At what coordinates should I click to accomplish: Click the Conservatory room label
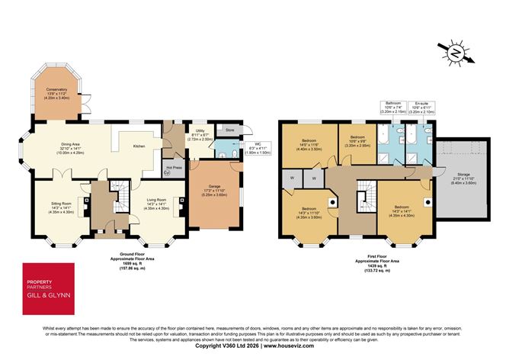point(56,90)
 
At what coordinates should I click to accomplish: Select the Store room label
point(229,130)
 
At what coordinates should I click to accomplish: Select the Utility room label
point(200,132)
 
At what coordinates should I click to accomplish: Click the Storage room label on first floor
point(463,177)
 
